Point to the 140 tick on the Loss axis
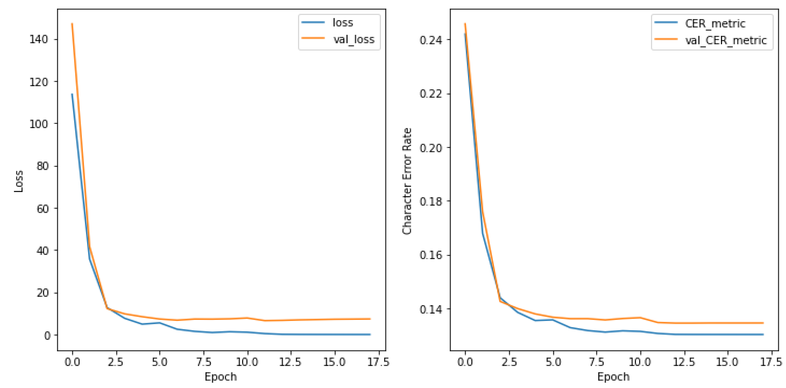[39, 39]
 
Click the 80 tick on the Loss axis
[42, 166]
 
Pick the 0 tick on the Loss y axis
[47, 335]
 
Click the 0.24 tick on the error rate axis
[431, 40]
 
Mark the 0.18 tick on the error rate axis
[431, 201]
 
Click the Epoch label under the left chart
[221, 377]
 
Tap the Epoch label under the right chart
[613, 377]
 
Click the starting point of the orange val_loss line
[72, 23]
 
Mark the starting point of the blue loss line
[72, 94]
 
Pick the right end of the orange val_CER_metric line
[763, 323]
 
